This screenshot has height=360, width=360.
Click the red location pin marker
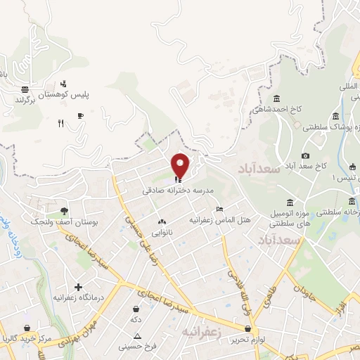coord(181,165)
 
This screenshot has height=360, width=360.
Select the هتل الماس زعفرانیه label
coord(220,219)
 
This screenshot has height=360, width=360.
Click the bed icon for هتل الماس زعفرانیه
coord(219,209)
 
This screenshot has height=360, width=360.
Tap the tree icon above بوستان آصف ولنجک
coord(64,210)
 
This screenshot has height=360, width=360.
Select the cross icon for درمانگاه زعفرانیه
coord(78,287)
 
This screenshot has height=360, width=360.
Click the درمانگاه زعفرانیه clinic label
coord(78,298)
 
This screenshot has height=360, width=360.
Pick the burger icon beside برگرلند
coord(25,89)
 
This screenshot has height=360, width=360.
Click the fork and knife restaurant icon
coord(61,123)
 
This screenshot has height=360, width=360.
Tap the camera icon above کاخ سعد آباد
coord(305,155)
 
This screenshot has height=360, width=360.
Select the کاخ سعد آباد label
coord(307,167)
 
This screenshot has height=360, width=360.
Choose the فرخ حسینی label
coord(136,346)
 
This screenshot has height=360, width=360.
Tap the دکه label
coord(136,319)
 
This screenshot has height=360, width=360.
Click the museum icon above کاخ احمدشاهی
coord(276,98)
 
